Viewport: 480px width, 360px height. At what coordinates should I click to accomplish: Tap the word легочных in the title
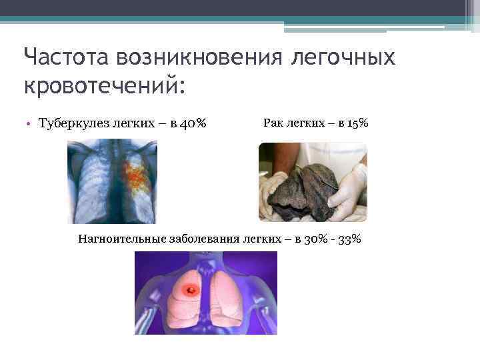click(344, 58)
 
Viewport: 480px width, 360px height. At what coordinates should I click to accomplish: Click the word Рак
click(273, 123)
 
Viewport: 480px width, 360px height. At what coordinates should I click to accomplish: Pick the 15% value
click(357, 123)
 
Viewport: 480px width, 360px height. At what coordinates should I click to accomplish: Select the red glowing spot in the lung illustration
click(190, 290)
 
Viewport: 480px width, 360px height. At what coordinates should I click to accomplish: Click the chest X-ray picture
click(112, 180)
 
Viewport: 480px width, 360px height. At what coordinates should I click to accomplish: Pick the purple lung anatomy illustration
click(205, 293)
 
